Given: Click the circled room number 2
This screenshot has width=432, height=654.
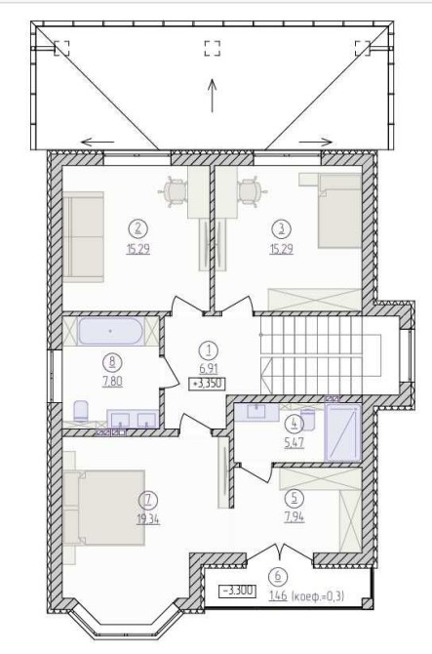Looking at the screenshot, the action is [x=138, y=228].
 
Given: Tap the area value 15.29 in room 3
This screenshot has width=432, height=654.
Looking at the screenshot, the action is [x=282, y=250].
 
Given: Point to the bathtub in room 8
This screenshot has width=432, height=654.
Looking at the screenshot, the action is [x=111, y=331].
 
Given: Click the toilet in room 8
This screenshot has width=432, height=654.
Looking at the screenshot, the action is [x=81, y=411].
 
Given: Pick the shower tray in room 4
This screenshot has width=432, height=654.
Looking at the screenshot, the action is [x=342, y=432].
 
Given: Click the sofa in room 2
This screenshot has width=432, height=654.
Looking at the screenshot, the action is [x=83, y=237].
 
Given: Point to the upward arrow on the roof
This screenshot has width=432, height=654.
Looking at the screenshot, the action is [x=213, y=96].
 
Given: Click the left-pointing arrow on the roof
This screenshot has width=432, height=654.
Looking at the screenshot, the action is [x=98, y=142].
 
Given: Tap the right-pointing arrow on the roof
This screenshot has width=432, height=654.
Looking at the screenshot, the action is [x=316, y=142].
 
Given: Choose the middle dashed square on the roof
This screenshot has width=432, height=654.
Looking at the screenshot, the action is [x=212, y=48].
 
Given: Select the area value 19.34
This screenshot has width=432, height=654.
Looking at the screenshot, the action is [x=148, y=519].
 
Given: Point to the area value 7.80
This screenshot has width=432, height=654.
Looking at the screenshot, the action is [x=112, y=382].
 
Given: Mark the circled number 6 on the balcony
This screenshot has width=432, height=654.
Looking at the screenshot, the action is [x=278, y=577].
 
